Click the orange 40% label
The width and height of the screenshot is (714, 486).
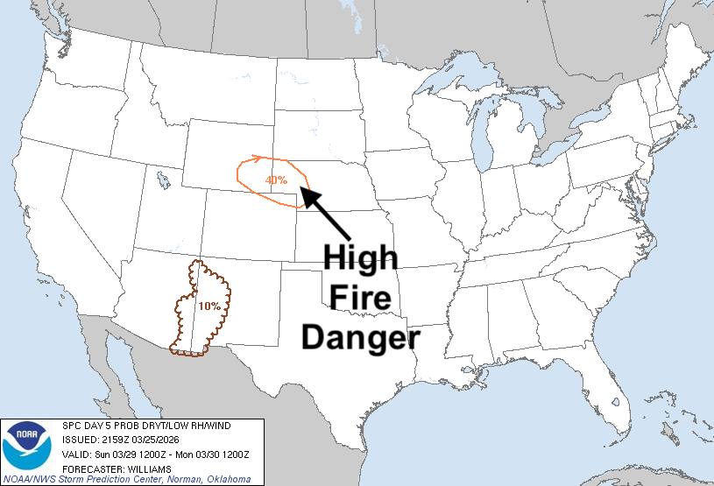point(276,180)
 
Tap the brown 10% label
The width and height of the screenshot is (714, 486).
point(209,306)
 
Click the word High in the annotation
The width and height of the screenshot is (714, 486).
point(361,257)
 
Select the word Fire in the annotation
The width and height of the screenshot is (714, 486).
point(361,297)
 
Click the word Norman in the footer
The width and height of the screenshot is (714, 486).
point(179,480)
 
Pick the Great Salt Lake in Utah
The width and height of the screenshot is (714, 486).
point(164,180)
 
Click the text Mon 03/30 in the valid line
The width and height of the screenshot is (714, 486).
point(186,454)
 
